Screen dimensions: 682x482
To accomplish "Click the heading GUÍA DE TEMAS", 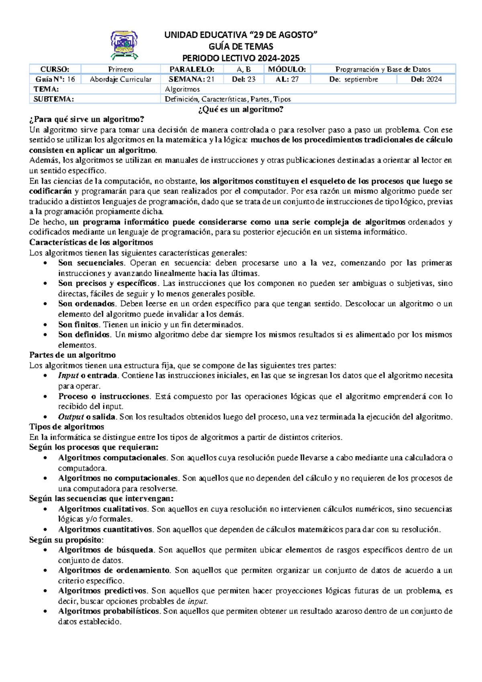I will coord(241,46).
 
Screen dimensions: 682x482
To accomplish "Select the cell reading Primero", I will coord(120,69).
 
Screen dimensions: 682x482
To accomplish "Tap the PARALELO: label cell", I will coord(192,69).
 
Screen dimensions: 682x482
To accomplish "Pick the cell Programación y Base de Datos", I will coord(383,69).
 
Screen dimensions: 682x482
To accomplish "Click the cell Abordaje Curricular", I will coord(120,79).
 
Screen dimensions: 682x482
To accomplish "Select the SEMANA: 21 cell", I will coord(192,79).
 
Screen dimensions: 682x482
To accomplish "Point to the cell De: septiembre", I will coord(353,79).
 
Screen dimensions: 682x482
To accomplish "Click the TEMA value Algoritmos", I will coord(182,89).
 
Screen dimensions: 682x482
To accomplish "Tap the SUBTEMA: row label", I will coord(54,99).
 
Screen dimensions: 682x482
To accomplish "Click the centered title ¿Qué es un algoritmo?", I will coord(241,109).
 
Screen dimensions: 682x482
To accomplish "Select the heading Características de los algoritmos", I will coord(91,242).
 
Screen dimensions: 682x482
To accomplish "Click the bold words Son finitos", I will coord(78,325).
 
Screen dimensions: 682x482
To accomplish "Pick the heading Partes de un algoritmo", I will coord(72,355).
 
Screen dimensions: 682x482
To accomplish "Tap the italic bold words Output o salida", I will coord(88,417).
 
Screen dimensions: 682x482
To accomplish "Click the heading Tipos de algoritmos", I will coord(67,427).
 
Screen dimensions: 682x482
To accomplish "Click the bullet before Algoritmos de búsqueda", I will coord(47,551).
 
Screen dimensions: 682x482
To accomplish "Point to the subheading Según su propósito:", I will coord(66,540).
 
